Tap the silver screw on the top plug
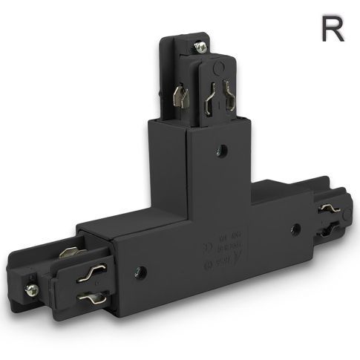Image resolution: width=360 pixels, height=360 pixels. pyautogui.click(x=200, y=47)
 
